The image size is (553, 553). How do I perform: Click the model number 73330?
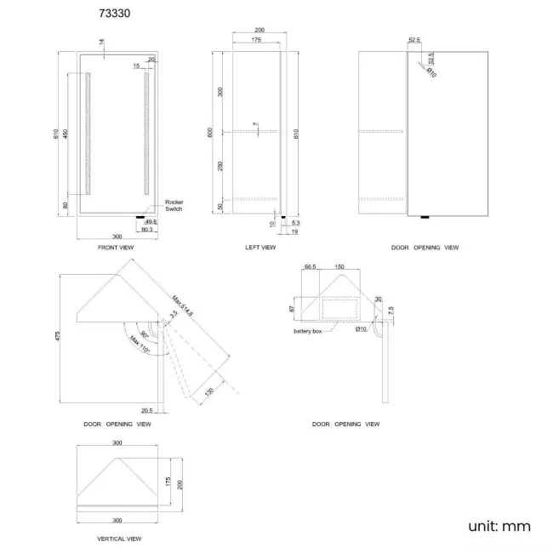[x=115, y=14]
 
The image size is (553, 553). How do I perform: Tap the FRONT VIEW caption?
[x=116, y=248]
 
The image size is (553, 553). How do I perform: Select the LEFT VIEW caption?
[x=259, y=248]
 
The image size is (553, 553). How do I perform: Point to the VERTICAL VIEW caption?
[x=119, y=539]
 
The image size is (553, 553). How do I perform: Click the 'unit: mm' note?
[x=499, y=526]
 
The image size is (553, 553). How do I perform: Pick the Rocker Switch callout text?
[x=174, y=205]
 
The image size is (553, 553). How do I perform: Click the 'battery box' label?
[x=308, y=331]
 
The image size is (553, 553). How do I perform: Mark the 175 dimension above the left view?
[x=255, y=40]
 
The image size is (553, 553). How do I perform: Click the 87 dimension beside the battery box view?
[x=291, y=308]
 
